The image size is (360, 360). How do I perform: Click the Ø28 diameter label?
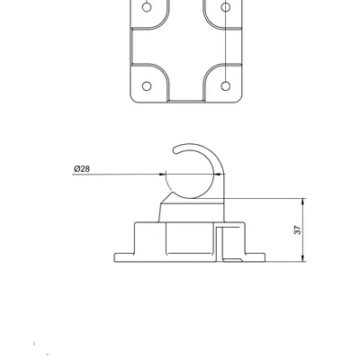point(81,168)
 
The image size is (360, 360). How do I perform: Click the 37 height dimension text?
point(298,230)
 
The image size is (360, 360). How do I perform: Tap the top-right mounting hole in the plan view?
point(225,6)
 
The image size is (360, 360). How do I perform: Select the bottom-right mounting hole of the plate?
point(225,87)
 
